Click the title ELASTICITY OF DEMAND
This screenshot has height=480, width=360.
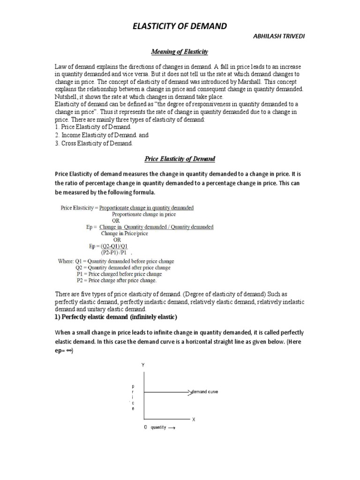pyautogui.click(x=180, y=27)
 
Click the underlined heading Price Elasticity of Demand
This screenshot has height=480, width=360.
pyautogui.click(x=180, y=159)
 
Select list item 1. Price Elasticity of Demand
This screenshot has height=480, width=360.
pyautogui.click(x=93, y=127)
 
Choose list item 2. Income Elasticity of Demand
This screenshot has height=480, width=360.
pyautogui.click(x=94, y=135)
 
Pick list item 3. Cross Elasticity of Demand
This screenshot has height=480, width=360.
pyautogui.click(x=94, y=143)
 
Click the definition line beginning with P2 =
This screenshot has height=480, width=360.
pyautogui.click(x=116, y=281)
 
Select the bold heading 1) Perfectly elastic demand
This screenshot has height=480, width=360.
pyautogui.click(x=116, y=317)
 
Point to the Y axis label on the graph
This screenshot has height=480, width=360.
pyautogui.click(x=142, y=364)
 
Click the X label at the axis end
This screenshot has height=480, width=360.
pyautogui.click(x=193, y=419)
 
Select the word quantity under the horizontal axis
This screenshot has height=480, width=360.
pyautogui.click(x=158, y=428)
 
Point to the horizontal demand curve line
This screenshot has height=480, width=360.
pyautogui.click(x=166, y=391)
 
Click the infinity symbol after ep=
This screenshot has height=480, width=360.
pyautogui.click(x=70, y=351)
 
